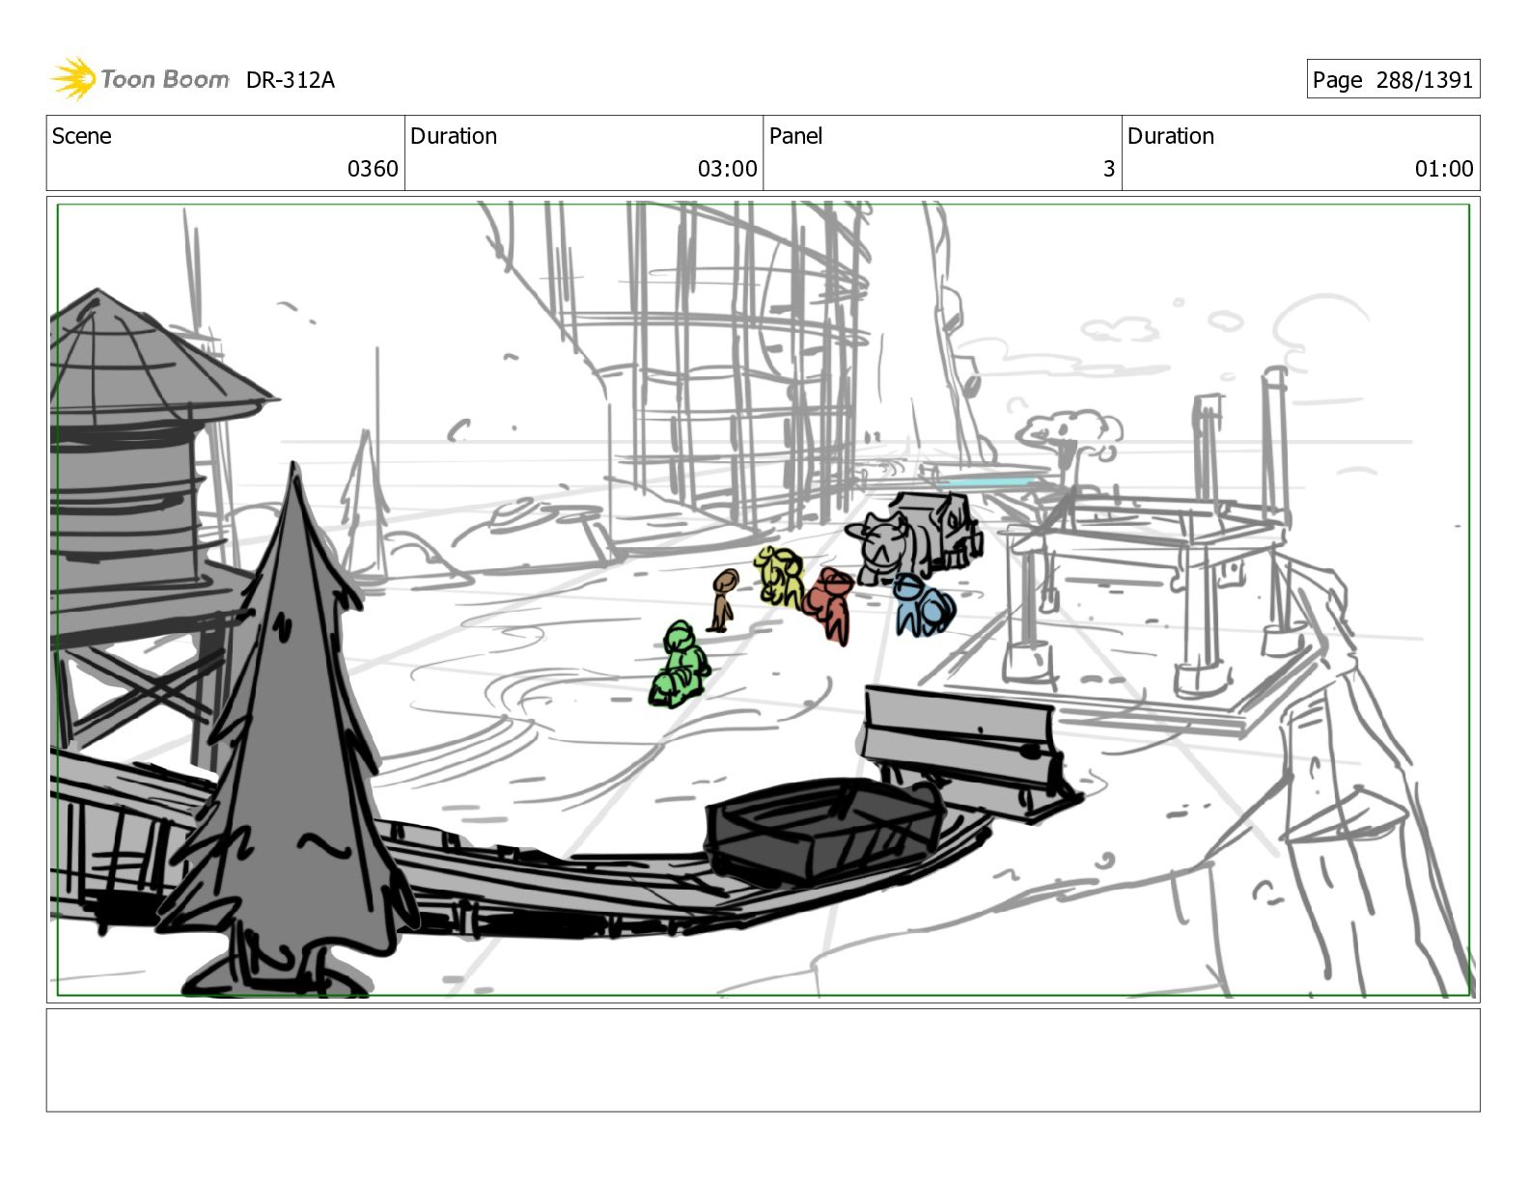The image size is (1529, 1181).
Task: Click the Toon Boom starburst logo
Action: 73,78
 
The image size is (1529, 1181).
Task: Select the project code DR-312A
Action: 290,80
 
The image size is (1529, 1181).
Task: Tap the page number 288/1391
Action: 1424,80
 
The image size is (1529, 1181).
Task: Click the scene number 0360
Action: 373,169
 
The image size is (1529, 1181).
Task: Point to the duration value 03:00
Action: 727,169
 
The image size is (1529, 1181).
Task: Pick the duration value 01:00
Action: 1444,169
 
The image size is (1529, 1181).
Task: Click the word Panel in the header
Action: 795,136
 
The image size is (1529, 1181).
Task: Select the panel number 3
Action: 1109,169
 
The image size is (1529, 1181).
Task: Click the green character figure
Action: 679,664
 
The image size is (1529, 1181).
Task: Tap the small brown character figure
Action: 723,600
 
